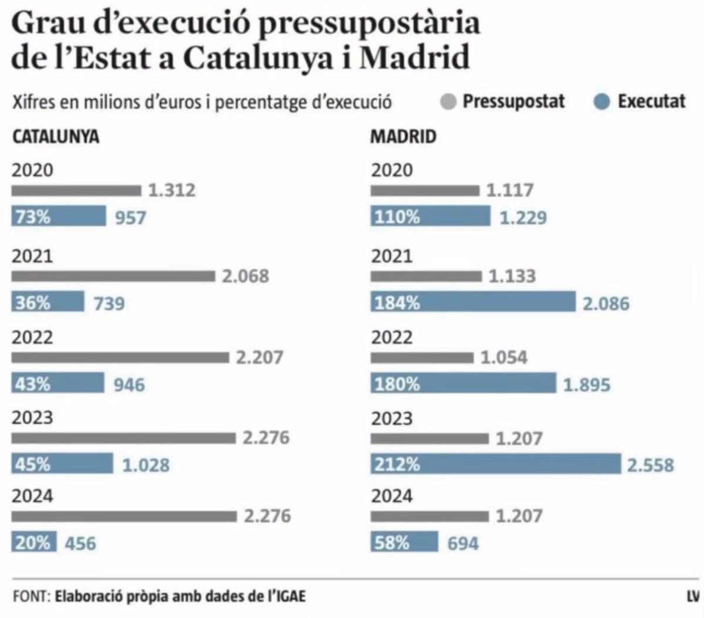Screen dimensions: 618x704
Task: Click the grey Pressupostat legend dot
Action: pos(448,102)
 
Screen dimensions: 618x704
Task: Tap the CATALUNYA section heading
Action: pos(56,137)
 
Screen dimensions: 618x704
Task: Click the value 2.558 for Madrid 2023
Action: pos(651,465)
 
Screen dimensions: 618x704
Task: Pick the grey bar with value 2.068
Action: pos(113,276)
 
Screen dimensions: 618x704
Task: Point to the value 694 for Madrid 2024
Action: pos(463,543)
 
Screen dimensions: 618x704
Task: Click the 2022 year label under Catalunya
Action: pos(32,337)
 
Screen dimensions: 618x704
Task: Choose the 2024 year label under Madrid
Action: pos(392,497)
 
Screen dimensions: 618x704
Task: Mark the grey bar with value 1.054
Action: pos(421,357)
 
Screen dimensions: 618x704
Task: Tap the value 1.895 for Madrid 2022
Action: pos(587,384)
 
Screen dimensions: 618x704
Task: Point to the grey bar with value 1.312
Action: pos(76,190)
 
